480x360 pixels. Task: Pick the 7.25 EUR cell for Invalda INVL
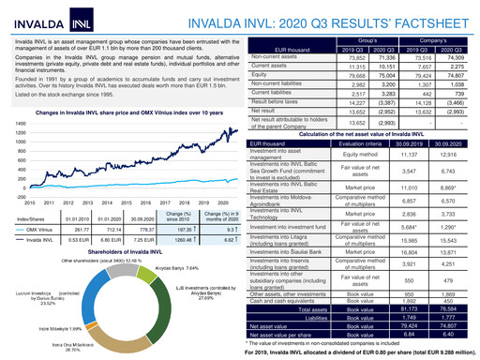(142, 240)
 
